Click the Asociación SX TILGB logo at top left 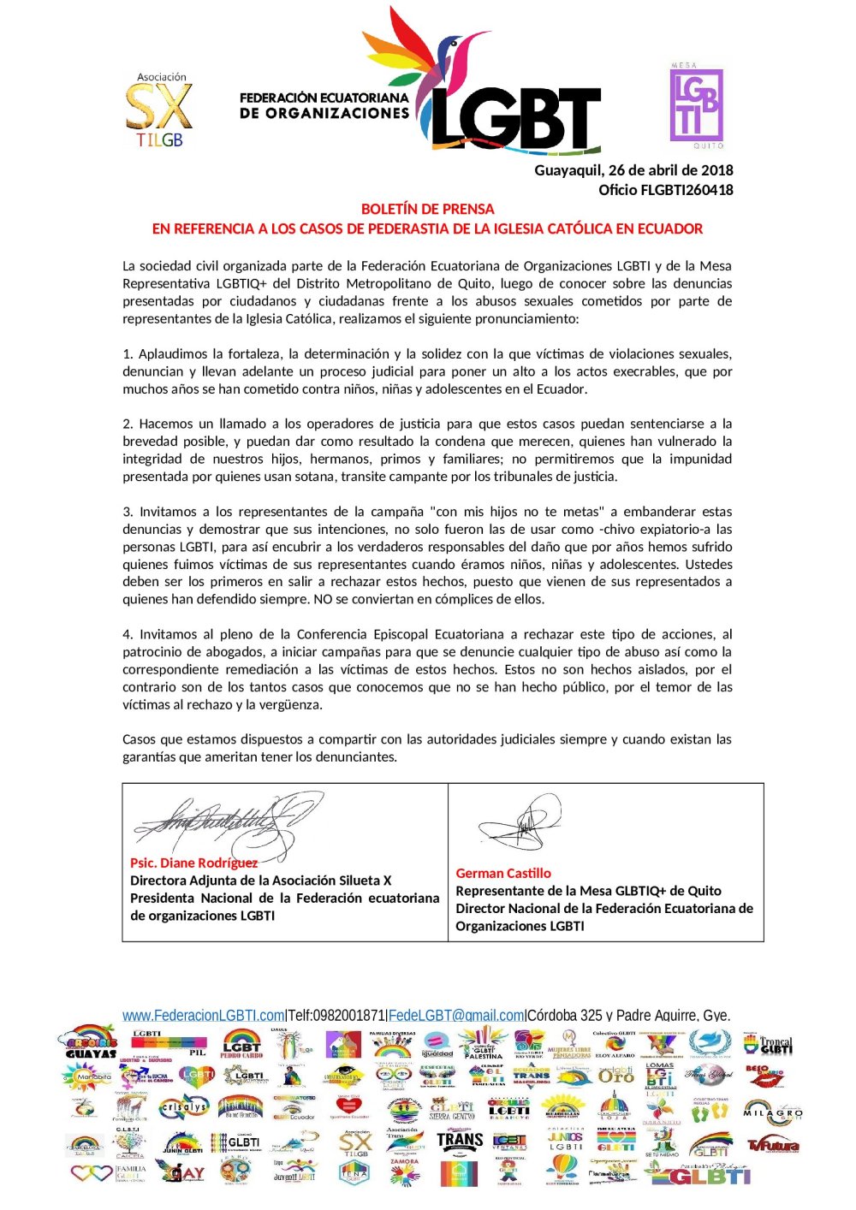click(159, 110)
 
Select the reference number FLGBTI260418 click(687, 190)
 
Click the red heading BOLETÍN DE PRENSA click(427, 209)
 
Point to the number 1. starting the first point click(128, 354)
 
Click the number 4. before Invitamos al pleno click(128, 635)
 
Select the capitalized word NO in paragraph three click(323, 600)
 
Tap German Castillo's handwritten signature click(522, 824)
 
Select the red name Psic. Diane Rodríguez click(193, 863)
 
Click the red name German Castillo click(503, 874)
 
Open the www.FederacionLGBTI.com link click(203, 1016)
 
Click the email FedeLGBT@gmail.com click(456, 1016)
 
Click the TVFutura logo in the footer click(773, 1145)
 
